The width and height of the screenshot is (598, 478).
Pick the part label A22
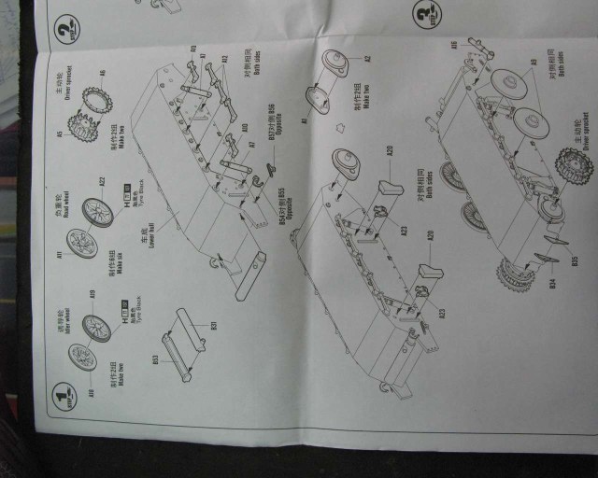103,179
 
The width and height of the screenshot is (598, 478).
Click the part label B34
553,282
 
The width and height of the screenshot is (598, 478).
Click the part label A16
455,44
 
